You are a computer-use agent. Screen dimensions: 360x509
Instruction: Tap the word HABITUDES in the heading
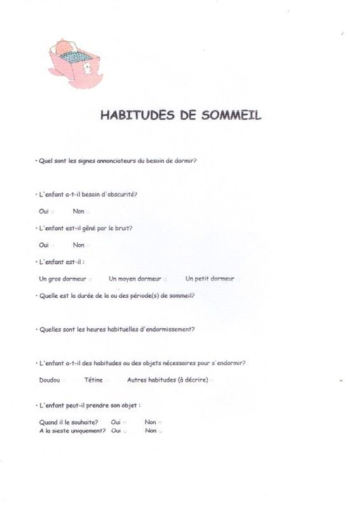click(135, 116)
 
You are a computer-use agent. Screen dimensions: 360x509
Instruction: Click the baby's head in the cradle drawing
click(64, 48)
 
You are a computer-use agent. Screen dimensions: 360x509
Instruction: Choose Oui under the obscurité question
click(44, 211)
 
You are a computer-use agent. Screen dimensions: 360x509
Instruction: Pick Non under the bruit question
click(79, 245)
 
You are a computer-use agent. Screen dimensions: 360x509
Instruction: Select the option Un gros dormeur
click(62, 279)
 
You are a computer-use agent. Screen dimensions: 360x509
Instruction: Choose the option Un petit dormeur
click(210, 279)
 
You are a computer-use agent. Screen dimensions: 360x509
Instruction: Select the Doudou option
click(50, 380)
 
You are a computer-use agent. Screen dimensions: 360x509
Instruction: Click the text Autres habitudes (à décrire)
click(167, 380)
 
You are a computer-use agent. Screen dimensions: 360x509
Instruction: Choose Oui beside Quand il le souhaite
click(116, 422)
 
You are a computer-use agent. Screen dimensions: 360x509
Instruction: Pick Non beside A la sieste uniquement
click(151, 431)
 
